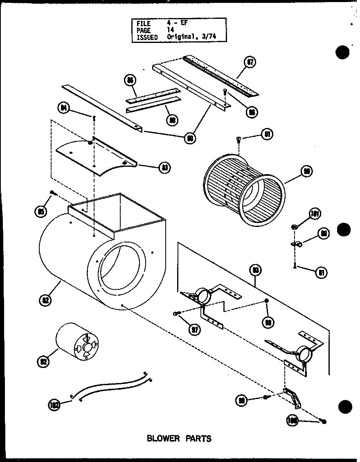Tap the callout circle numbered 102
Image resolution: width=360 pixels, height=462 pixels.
[x=54, y=405]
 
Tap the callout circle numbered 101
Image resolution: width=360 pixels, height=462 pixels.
[x=315, y=214]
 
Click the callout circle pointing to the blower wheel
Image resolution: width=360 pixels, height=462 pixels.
[x=306, y=172]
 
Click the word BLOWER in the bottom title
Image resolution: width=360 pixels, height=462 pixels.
[x=163, y=439]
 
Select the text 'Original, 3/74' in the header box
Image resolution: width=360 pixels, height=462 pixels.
[x=191, y=37]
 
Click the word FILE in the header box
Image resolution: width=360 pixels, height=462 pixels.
[x=144, y=24]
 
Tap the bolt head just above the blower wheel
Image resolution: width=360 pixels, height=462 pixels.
[x=239, y=140]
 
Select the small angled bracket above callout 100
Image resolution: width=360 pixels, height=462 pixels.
[x=293, y=398]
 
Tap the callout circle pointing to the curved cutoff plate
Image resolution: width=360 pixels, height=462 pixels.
[x=165, y=167]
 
